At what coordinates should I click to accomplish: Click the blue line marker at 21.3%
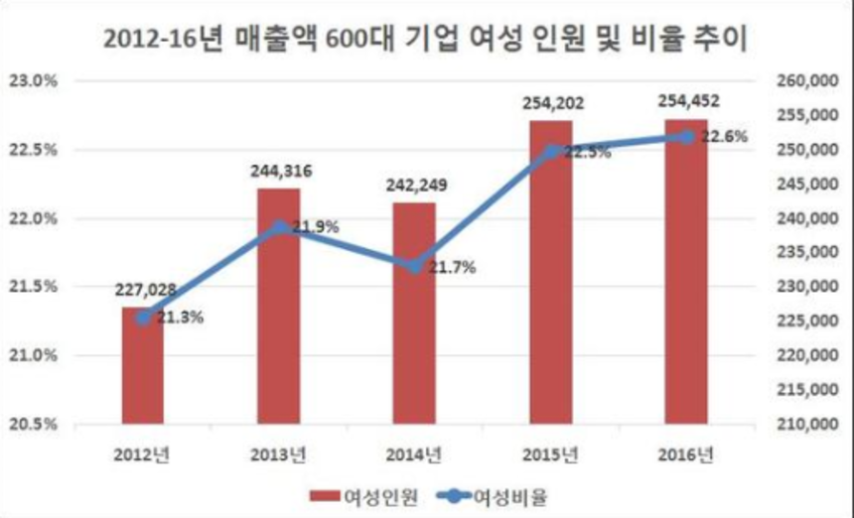click(x=143, y=318)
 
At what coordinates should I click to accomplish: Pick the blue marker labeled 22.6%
click(x=686, y=136)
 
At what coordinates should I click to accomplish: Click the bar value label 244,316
click(x=279, y=172)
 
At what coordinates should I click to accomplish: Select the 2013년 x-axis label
click(x=279, y=455)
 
